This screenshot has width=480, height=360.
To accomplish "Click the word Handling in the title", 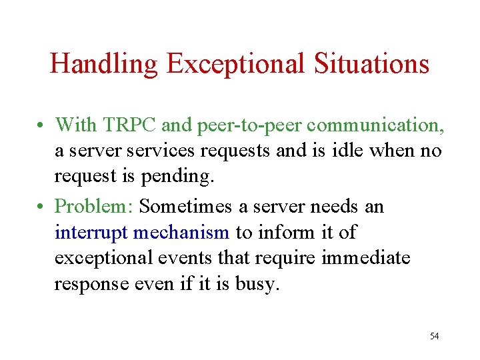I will pyautogui.click(x=104, y=65).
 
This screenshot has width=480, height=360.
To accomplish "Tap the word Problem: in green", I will pyautogui.click(x=95, y=206).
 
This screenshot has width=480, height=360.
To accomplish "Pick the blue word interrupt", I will pyautogui.click(x=91, y=232).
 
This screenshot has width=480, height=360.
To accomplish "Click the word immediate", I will pyautogui.click(x=366, y=258).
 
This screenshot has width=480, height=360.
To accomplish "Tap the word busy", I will pyautogui.click(x=255, y=285).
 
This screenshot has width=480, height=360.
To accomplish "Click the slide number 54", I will pyautogui.click(x=434, y=336).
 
